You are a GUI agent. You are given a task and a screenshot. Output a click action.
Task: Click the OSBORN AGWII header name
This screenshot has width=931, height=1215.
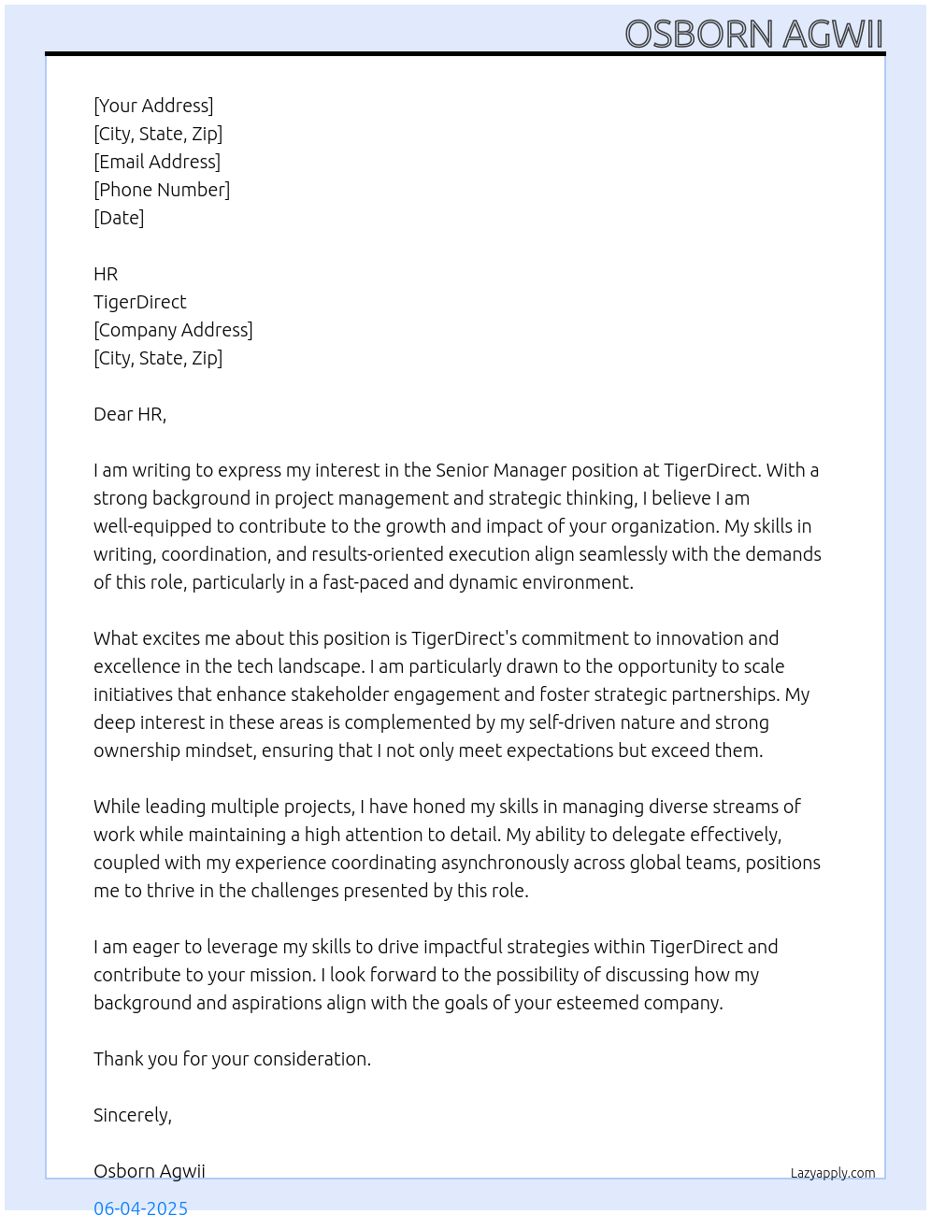[753, 34]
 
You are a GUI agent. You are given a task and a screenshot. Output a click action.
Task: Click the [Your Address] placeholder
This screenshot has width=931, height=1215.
[153, 106]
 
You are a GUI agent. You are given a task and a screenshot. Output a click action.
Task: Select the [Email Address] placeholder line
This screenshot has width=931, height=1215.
[157, 162]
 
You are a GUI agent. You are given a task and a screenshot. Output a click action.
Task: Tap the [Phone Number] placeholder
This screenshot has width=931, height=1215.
[162, 190]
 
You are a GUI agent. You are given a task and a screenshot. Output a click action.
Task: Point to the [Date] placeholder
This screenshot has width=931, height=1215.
[119, 218]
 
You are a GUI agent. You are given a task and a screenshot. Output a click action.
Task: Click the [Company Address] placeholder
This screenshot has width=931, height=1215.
[173, 330]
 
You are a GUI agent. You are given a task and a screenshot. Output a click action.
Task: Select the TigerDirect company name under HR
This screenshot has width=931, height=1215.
[140, 302]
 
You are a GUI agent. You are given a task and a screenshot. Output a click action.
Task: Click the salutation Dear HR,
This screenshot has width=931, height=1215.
[130, 414]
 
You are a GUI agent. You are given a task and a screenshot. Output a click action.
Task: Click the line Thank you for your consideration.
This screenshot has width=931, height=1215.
[232, 1059]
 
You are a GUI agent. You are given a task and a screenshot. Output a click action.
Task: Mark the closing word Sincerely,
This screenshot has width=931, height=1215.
[133, 1115]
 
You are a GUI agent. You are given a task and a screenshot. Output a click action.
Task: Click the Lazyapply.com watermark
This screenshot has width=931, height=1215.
[833, 1173]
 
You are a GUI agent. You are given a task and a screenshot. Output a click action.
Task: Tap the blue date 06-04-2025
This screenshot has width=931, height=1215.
[140, 1207]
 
